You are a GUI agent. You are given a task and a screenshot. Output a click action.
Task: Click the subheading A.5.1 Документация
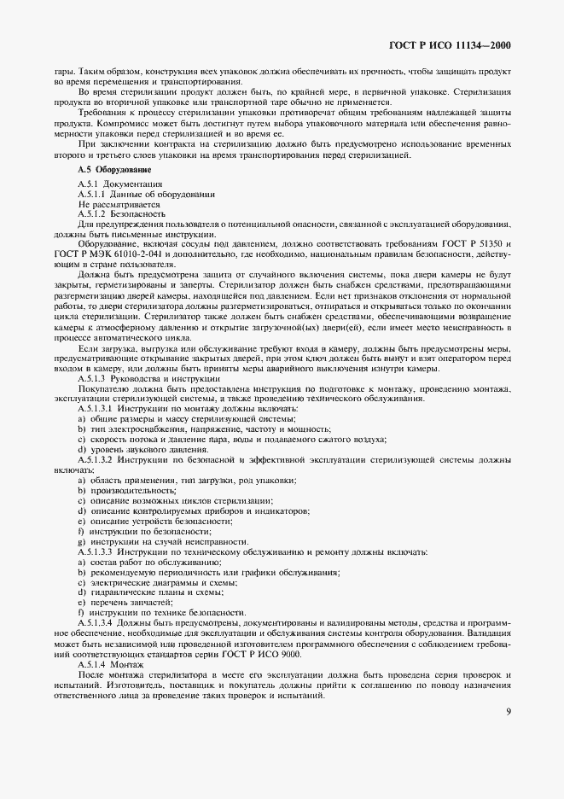point(115,184)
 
